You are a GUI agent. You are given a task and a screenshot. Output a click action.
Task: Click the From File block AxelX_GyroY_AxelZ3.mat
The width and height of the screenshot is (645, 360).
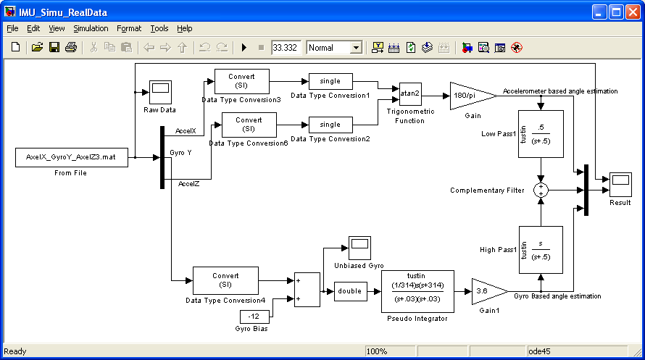point(72,157)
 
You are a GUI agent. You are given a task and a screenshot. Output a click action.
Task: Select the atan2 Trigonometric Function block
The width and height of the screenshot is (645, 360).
point(410,93)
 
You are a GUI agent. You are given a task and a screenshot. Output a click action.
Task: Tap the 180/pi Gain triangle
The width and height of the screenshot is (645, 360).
point(473,96)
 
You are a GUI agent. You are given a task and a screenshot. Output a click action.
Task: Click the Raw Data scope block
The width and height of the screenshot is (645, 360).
point(160,92)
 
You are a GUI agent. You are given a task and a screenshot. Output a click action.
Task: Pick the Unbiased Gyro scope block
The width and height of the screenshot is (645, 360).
point(359,248)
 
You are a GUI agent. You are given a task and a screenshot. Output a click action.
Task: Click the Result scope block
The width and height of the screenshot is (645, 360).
point(620,185)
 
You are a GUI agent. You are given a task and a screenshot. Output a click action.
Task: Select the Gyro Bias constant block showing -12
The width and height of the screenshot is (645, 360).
point(254,317)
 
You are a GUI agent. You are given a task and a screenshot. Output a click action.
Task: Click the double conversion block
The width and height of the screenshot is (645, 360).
point(351,291)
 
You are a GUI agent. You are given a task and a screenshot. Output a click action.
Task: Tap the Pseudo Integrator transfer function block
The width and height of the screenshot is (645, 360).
point(417,291)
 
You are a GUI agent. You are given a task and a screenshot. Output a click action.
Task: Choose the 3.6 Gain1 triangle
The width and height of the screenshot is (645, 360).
point(488,291)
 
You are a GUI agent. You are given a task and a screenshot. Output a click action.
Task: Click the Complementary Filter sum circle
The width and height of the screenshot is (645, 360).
point(541,191)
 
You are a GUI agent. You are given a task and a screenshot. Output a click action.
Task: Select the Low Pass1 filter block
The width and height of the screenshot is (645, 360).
point(541,134)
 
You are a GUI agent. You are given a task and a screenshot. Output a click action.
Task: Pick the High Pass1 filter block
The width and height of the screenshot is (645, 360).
point(541,250)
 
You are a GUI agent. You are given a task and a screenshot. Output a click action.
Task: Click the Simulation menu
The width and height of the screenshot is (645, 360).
point(91,28)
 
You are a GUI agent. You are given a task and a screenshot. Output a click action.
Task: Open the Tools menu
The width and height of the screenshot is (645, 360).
point(159,28)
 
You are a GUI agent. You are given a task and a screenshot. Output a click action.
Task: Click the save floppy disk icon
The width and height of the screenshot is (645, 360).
point(54,47)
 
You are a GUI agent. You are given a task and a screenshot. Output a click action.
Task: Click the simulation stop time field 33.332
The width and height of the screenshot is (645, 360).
point(286,48)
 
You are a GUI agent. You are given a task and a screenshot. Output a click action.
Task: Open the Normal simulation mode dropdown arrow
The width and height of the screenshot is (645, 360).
point(357,48)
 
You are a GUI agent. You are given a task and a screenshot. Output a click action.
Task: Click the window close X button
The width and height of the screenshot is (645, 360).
point(633,12)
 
